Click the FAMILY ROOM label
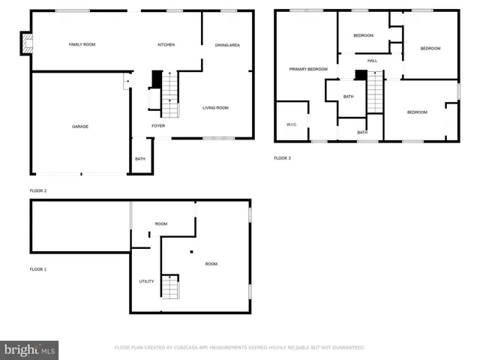(x=82, y=45)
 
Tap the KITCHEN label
(x=166, y=45)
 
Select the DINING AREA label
(x=227, y=45)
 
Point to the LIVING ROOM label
(x=215, y=108)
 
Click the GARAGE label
(x=80, y=127)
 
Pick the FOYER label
(x=158, y=126)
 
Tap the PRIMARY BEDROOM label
(x=309, y=69)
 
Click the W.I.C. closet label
(x=292, y=124)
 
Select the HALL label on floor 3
(x=372, y=61)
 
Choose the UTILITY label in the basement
(x=146, y=281)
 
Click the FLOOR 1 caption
(x=38, y=268)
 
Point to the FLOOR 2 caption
(x=38, y=191)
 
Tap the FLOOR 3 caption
(x=282, y=158)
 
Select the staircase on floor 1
(x=170, y=286)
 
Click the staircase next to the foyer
(x=170, y=95)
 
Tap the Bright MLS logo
(x=29, y=349)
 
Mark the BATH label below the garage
(x=140, y=159)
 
